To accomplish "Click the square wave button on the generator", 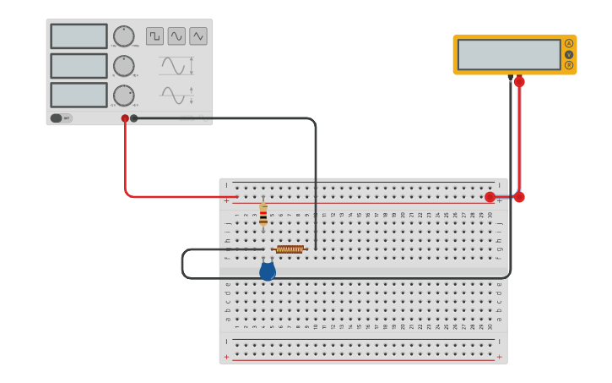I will (x=154, y=36).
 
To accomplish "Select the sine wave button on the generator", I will (x=176, y=36).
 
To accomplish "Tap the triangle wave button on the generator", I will (x=198, y=36).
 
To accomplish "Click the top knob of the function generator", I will (x=124, y=36).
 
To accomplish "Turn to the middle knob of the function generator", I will (x=124, y=66).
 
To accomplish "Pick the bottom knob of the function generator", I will (x=124, y=96).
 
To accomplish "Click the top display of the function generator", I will (x=79, y=36).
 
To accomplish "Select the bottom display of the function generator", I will (x=79, y=95).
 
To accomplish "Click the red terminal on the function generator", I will (x=125, y=118).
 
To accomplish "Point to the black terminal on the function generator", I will (x=134, y=118).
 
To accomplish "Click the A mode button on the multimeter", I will (x=569, y=43).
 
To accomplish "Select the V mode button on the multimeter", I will (x=569, y=54).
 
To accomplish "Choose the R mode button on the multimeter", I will (x=569, y=65).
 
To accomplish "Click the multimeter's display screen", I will (x=509, y=54).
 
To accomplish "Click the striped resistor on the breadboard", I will (x=263, y=213).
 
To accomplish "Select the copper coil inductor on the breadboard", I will (x=290, y=249).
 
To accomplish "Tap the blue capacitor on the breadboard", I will (x=268, y=271).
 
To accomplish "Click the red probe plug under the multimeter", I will (x=519, y=82).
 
